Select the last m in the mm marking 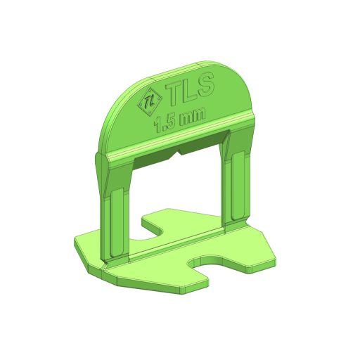point(198,115)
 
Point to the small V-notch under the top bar point(179,152)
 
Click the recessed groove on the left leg point(117,222)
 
